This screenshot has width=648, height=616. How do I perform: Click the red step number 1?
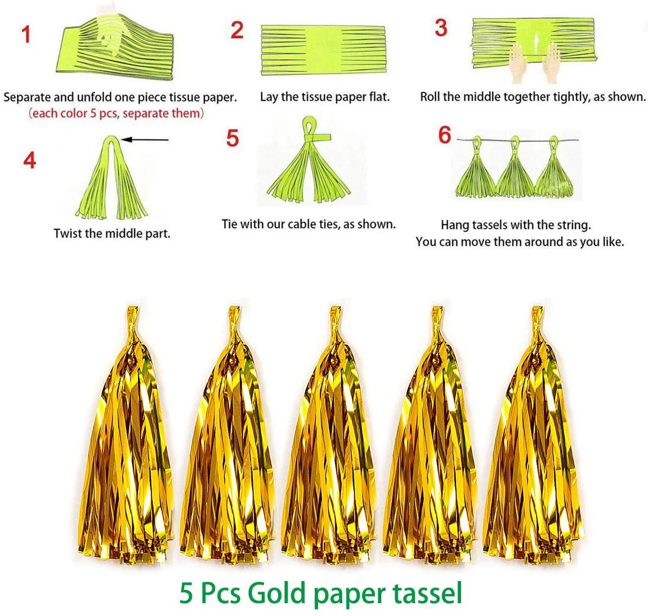coord(26,35)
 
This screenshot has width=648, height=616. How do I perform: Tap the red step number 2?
coord(237,30)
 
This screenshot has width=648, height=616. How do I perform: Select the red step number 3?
coord(441,28)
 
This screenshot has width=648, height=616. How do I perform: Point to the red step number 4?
coord(30,161)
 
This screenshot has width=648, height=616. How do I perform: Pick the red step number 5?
coord(233,138)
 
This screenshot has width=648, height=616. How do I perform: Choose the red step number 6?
coord(445,135)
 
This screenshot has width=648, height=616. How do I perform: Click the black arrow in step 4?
coord(145,140)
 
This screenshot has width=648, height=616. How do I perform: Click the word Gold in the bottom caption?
coord(276,593)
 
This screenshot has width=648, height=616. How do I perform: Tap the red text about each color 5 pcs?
coord(116,113)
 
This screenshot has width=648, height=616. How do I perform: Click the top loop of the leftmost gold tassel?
coord(133,315)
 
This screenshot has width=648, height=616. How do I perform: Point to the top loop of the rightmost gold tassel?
coord(537,315)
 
